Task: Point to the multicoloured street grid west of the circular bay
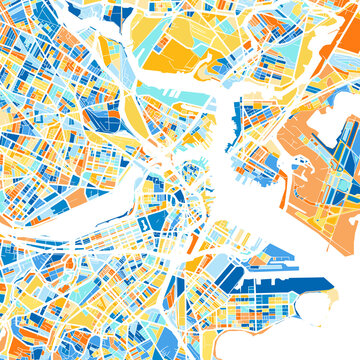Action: click(250, 300)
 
